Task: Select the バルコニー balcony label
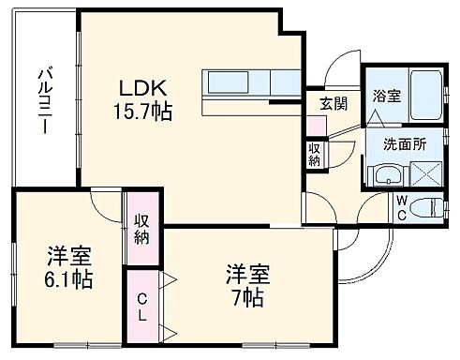(x=43, y=98)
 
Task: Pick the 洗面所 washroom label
(x=401, y=144)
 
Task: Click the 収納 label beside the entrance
(x=315, y=154)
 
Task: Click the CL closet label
(x=142, y=307)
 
